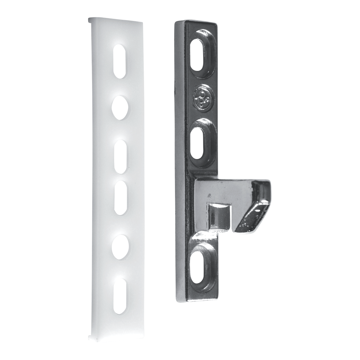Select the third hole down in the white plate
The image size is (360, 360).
[121, 156]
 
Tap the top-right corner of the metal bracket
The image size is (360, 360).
[217, 25]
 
